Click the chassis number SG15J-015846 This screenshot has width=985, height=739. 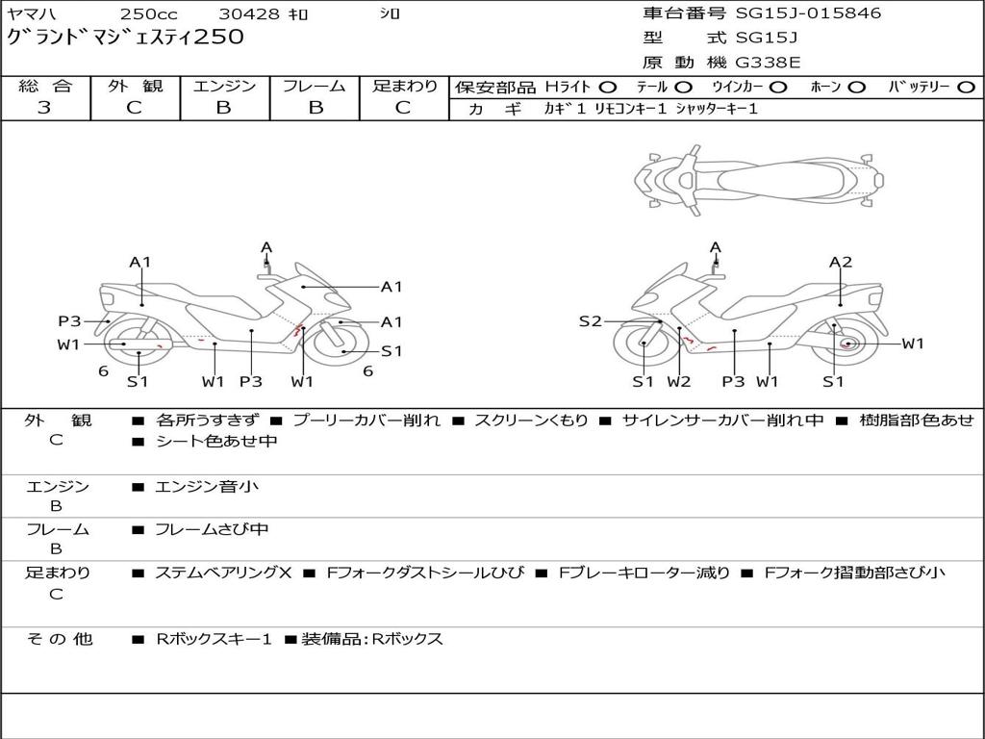click(808, 13)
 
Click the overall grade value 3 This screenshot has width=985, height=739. click(44, 108)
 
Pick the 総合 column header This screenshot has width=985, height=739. click(45, 86)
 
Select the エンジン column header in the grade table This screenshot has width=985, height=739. click(224, 86)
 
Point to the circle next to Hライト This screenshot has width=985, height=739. click(608, 88)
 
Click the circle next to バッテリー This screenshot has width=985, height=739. click(967, 88)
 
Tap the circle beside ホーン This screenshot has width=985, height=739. click(857, 88)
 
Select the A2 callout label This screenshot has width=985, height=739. click(841, 262)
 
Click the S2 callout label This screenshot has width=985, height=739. click(590, 321)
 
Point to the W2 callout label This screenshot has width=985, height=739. click(679, 381)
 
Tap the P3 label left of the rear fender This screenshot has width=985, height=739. click(69, 321)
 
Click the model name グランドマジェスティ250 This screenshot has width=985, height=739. click(125, 38)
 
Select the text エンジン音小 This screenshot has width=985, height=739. click(207, 486)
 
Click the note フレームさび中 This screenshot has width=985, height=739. click(212, 529)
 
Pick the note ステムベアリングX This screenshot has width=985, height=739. click(223, 573)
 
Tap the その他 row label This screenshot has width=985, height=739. click(60, 639)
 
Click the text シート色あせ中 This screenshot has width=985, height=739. click(216, 441)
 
